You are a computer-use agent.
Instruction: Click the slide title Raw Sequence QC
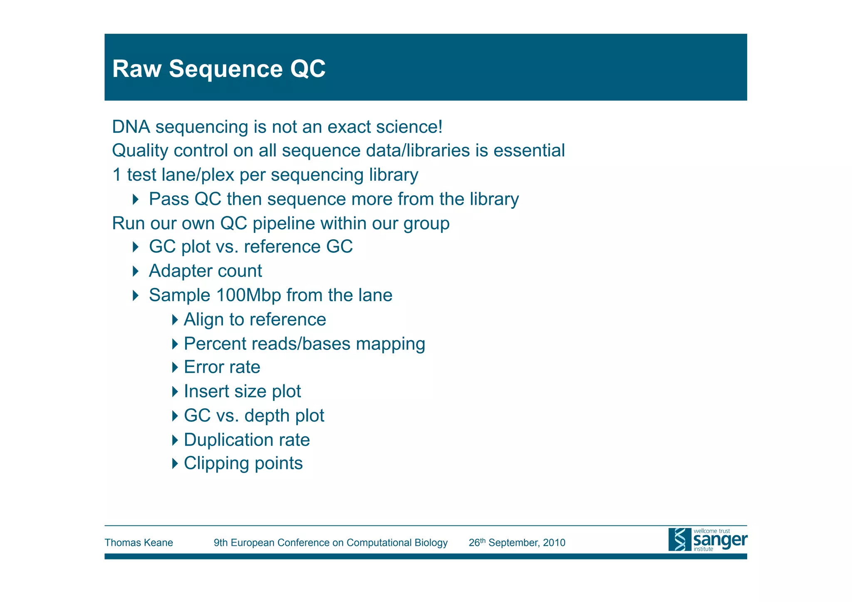coord(219,69)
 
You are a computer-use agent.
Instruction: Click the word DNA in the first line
coord(131,127)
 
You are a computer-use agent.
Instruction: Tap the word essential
coord(529,151)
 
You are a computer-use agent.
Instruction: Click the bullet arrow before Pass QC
coord(136,199)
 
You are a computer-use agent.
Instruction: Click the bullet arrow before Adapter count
coord(136,271)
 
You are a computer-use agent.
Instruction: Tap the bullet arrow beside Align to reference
coord(175,320)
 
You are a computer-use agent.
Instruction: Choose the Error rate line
coord(222,367)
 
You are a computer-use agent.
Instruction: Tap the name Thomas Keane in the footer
coord(139,543)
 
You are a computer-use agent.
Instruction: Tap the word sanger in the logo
coord(720,540)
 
